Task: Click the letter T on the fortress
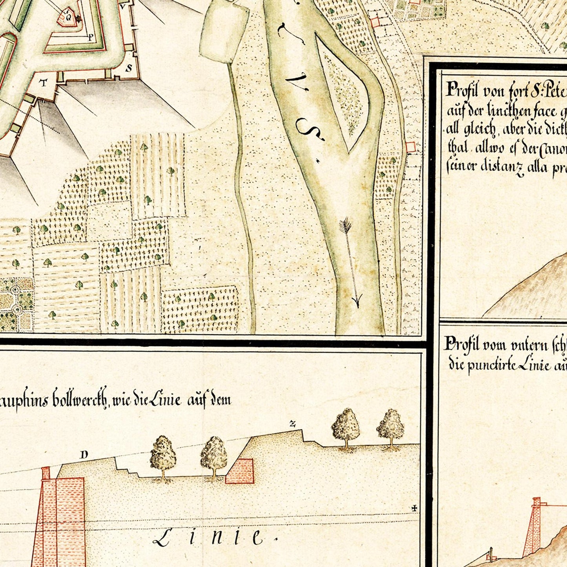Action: [x=44, y=83]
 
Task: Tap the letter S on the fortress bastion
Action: [x=129, y=68]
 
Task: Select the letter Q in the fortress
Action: [x=68, y=17]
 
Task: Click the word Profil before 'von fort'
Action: [x=462, y=91]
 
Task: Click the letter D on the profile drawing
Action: [x=84, y=455]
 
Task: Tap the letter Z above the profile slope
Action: [x=292, y=423]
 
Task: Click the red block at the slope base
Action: [x=240, y=471]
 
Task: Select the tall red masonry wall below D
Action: [x=59, y=518]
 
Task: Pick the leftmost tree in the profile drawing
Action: [x=163, y=458]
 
